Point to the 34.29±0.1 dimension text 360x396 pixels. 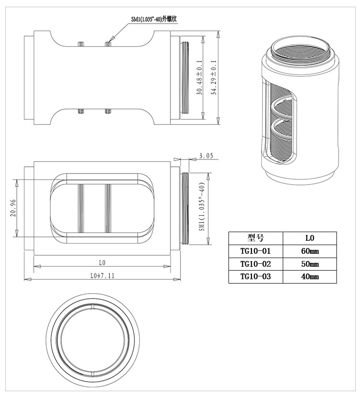(x=214, y=77)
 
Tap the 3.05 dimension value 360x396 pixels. (x=205, y=156)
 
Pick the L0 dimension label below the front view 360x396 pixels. (x=102, y=263)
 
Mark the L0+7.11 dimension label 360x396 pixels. (x=102, y=276)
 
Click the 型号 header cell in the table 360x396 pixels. (x=256, y=238)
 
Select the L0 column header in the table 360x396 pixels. (x=310, y=238)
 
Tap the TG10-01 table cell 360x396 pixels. (x=256, y=251)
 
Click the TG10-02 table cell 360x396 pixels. (x=256, y=264)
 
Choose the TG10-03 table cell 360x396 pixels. (x=256, y=277)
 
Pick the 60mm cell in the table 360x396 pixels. (x=310, y=251)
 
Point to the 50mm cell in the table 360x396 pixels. (x=310, y=264)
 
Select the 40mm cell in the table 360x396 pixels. (x=310, y=277)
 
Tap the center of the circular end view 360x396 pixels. (x=91, y=338)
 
